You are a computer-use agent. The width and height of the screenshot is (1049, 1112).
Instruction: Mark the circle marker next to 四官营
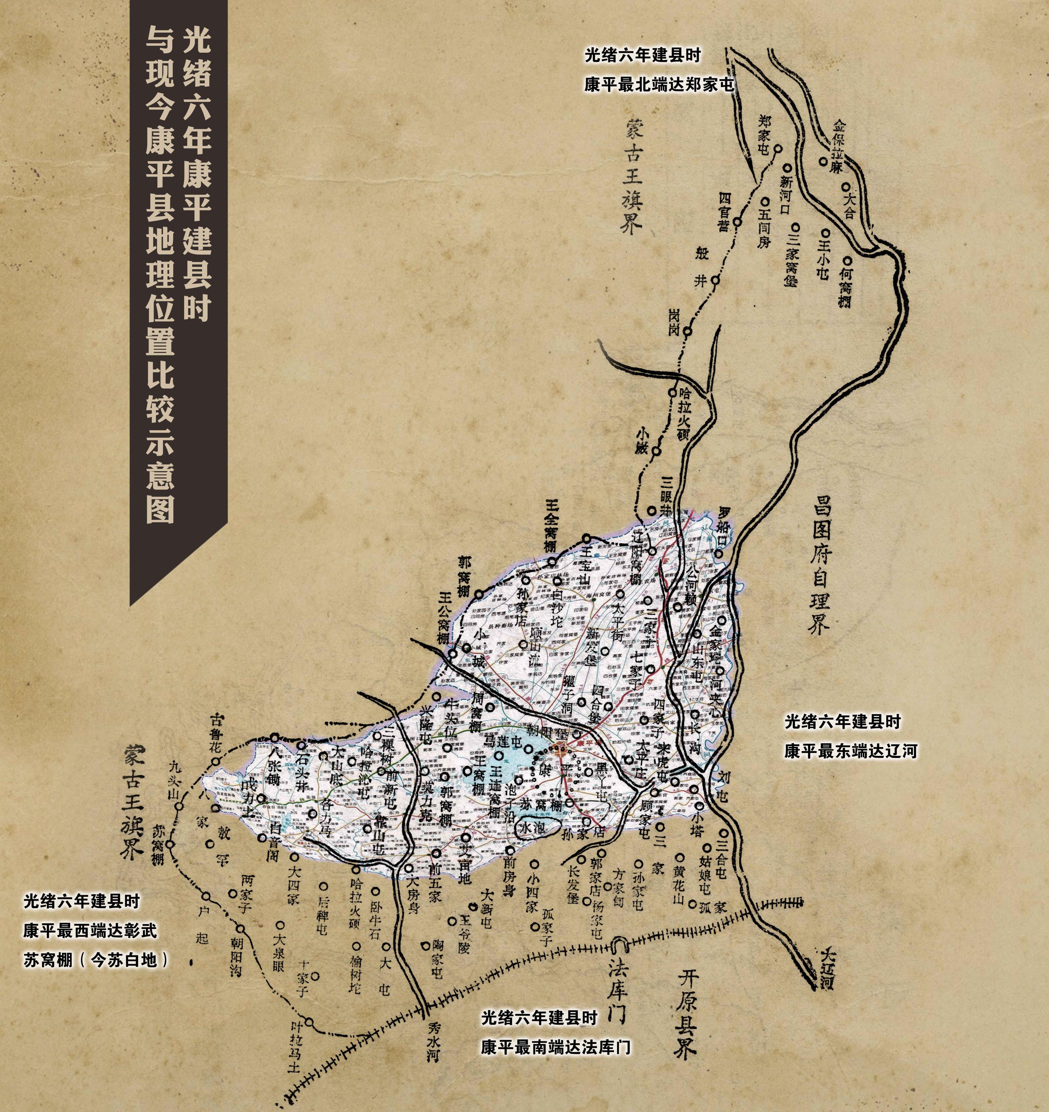click(737, 221)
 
